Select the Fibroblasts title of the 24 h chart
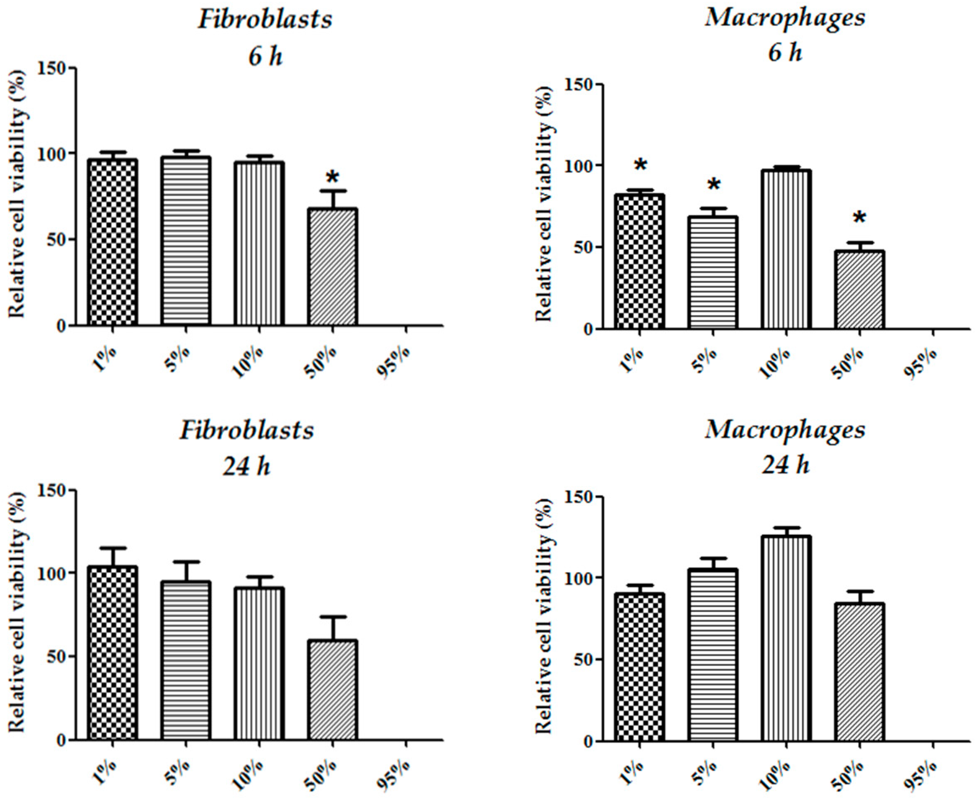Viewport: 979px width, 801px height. pos(247,431)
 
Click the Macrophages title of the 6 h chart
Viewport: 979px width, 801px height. pos(785,19)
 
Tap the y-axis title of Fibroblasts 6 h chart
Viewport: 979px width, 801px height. pos(17,194)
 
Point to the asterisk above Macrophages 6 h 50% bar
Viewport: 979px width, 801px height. pos(859,218)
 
